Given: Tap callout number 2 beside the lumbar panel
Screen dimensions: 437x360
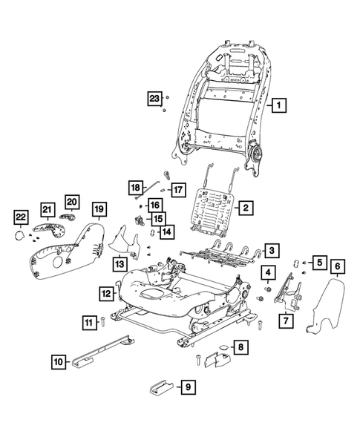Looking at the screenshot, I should tap(246, 208).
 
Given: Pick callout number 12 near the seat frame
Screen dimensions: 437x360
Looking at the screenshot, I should tap(107, 294).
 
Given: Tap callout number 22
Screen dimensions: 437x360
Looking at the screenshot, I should tap(21, 217).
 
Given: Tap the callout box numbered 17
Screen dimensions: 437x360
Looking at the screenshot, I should tap(177, 189).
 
